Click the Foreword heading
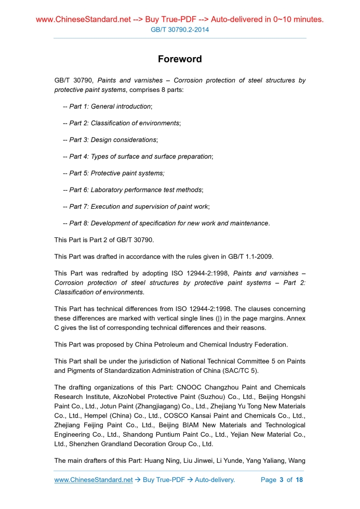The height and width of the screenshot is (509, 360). [x=180, y=59]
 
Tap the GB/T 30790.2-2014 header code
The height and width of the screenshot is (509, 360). [x=180, y=30]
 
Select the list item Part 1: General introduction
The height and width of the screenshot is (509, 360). [x=108, y=106]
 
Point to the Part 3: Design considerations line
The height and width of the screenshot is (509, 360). [x=110, y=140]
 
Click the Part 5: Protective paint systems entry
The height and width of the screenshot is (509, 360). [x=113, y=173]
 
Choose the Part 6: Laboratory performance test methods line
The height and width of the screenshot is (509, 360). [x=132, y=190]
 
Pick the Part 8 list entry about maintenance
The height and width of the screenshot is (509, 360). [x=166, y=223]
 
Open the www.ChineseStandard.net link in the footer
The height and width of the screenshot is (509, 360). [x=94, y=480]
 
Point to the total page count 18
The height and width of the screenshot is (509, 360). [x=299, y=480]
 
